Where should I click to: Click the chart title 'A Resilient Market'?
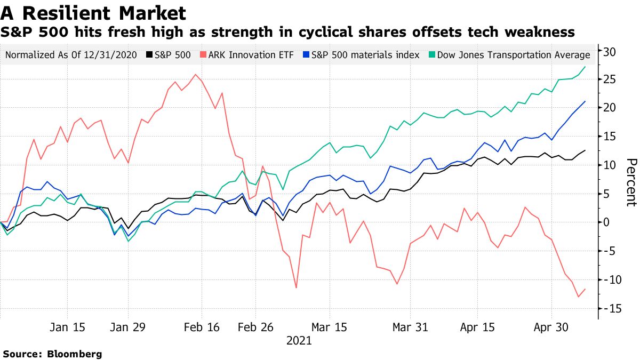coord(94,12)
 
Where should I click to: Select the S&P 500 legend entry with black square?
coord(169,55)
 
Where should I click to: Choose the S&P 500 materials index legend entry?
coord(359,55)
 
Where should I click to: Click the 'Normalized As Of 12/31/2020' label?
coord(70,55)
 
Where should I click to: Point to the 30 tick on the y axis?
coord(610,52)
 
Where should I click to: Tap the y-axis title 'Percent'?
coord(631,182)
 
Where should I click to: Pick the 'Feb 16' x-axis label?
coord(202,327)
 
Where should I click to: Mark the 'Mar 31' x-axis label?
coord(410,327)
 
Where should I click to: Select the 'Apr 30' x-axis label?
coord(551,327)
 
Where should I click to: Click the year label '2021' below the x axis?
coord(299,340)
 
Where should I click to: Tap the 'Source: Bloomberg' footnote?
coord(52,354)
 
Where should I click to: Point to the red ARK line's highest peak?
coord(196,74)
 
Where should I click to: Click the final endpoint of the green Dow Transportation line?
coord(585,67)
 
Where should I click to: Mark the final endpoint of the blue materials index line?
coord(585,101)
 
